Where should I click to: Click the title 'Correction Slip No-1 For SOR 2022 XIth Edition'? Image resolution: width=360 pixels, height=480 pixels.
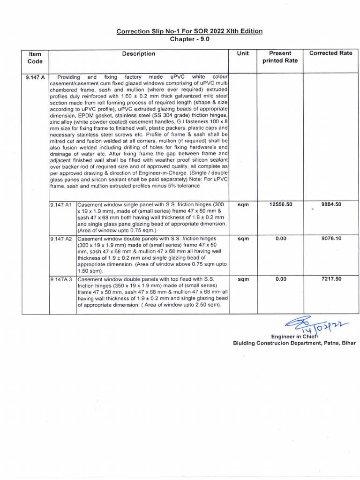tap(189, 31)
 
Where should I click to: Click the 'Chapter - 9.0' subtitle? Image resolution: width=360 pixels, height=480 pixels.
tap(189, 39)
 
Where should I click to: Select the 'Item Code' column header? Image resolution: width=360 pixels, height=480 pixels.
tap(35, 57)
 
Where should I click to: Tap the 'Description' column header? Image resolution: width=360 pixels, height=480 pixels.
tap(138, 54)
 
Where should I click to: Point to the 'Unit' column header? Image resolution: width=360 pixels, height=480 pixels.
tap(243, 53)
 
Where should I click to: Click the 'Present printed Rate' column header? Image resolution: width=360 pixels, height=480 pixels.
tap(280, 57)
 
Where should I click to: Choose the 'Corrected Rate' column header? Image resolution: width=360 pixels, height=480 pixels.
tap(330, 53)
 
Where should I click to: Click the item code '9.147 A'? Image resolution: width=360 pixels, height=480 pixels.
tap(35, 77)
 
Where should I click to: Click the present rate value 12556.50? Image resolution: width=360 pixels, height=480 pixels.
tap(281, 205)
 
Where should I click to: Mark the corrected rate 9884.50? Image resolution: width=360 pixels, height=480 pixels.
tap(331, 205)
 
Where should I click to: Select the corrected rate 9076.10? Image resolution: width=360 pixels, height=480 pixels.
tap(331, 239)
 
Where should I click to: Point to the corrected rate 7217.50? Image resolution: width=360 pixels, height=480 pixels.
tap(331, 279)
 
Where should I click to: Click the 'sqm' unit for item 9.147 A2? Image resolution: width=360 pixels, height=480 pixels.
tap(243, 239)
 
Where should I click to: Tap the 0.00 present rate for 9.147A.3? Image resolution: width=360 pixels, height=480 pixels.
tap(281, 279)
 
